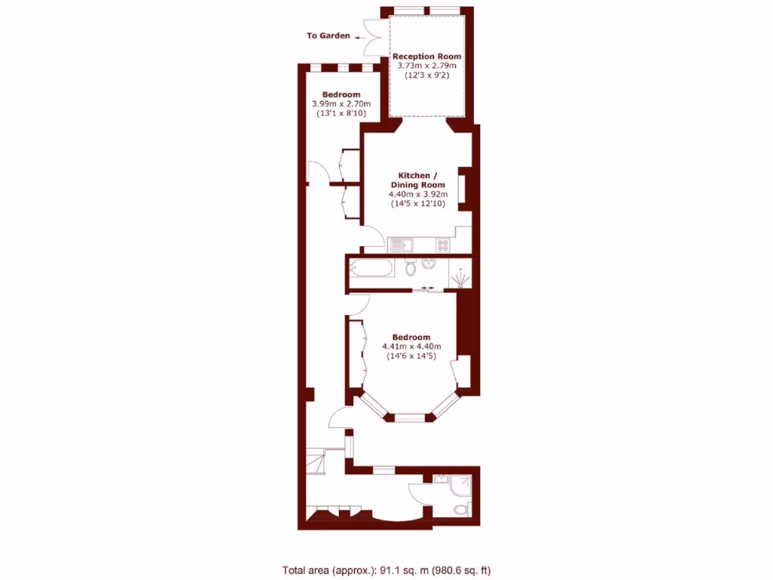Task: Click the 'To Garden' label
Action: pos(328,35)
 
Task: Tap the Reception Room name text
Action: pos(427,56)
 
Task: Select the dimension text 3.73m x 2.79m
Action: pos(427,66)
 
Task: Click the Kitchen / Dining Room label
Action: pos(417,180)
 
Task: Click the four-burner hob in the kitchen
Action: pos(442,245)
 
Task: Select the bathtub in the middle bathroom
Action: pos(370,267)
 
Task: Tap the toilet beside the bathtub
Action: pos(411,267)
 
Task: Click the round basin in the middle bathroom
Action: pos(428,263)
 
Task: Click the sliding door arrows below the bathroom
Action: pos(428,288)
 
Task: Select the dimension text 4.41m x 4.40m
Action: pos(411,347)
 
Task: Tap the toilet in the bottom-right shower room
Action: pos(461,510)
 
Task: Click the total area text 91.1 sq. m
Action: pos(386,570)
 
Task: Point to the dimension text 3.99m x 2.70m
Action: pos(336,104)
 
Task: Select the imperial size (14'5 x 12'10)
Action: pos(417,203)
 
